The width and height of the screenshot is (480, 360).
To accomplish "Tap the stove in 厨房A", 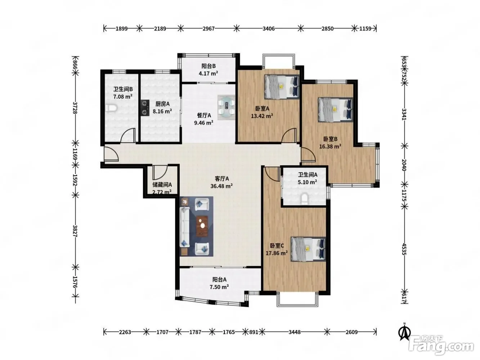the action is pyautogui.click(x=145, y=108).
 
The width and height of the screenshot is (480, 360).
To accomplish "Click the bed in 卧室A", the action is pyautogui.click(x=282, y=87).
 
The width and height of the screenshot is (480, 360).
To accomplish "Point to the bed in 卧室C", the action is pyautogui.click(x=308, y=249).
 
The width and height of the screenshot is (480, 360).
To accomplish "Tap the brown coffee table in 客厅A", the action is pyautogui.click(x=202, y=226).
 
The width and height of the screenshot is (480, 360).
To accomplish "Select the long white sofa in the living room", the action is pyautogui.click(x=184, y=227).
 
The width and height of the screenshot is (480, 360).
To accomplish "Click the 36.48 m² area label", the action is pyautogui.click(x=221, y=186).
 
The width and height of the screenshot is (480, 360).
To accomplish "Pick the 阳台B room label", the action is pyautogui.click(x=208, y=66).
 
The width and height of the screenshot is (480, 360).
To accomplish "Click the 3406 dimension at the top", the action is pyautogui.click(x=269, y=29).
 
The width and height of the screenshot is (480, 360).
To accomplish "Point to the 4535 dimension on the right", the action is pyautogui.click(x=404, y=249).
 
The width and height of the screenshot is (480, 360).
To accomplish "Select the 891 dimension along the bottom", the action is pyautogui.click(x=254, y=332).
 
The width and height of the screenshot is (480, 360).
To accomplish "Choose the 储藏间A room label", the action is pyautogui.click(x=162, y=185).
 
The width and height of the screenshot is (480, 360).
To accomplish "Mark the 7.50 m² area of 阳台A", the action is pyautogui.click(x=219, y=287).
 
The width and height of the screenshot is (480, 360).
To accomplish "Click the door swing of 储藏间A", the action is pyautogui.click(x=160, y=172).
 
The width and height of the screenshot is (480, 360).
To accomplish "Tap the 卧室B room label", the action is pyautogui.click(x=331, y=139).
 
